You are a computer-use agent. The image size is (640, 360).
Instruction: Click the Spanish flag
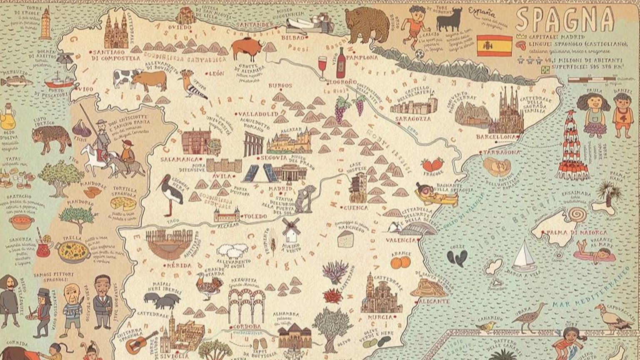pos(494,46)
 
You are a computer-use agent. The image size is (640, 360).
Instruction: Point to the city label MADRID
pos(282,188)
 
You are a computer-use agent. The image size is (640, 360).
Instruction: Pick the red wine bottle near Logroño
pos(341,63)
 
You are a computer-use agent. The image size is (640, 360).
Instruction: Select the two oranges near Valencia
pos(400,262)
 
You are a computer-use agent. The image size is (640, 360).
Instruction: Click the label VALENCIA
pos(401,240)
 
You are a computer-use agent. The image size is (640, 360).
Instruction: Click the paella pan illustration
pos(73,251)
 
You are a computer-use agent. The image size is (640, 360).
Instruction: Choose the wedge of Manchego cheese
pos(345,239)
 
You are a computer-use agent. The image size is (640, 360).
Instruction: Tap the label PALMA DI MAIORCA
pos(571,232)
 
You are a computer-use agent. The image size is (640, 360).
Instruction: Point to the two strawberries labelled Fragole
pos(432,165)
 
